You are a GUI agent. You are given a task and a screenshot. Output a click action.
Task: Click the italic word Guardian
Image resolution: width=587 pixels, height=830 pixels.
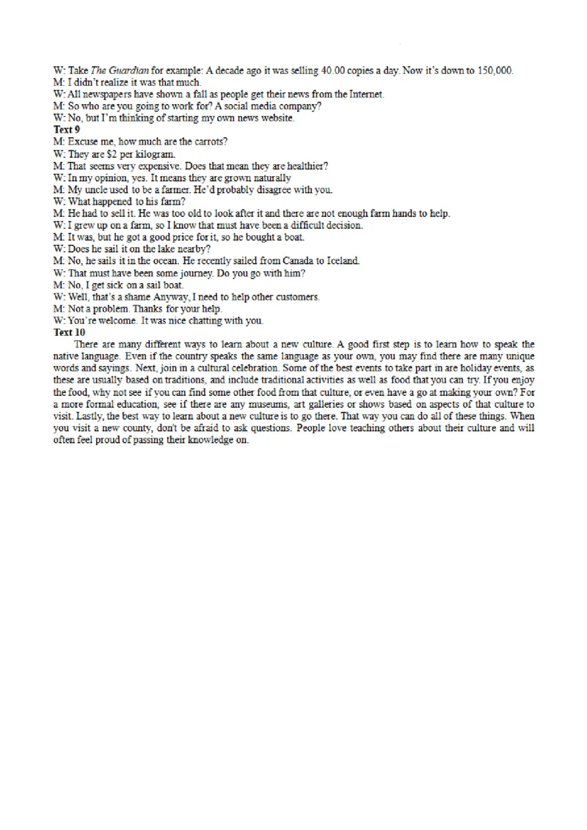point(131,70)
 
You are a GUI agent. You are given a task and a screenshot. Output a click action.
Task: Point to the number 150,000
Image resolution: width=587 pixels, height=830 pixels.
point(495,70)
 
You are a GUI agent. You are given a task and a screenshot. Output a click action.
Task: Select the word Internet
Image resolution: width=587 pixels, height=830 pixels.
point(367,94)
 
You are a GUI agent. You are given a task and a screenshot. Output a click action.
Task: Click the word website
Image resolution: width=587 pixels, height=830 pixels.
point(274,117)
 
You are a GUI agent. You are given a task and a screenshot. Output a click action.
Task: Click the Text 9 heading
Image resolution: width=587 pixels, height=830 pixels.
point(67,129)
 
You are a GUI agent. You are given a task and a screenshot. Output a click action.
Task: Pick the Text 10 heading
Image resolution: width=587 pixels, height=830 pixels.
point(69,332)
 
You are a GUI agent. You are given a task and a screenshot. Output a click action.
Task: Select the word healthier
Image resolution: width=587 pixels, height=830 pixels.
point(307,165)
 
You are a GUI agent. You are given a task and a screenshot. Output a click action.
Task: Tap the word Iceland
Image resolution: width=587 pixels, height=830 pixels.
point(342,260)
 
